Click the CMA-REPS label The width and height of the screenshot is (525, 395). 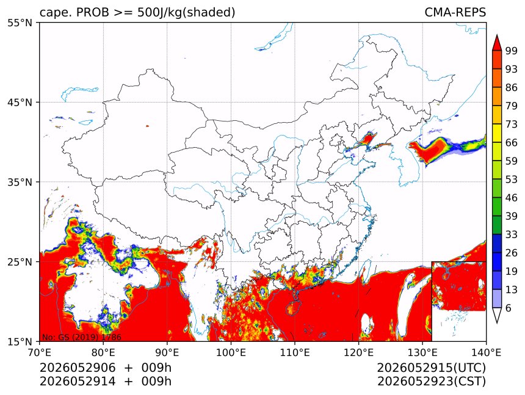[x=455, y=12]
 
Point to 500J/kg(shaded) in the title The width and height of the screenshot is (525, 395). [x=186, y=12]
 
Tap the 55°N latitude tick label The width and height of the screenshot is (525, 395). [x=20, y=23]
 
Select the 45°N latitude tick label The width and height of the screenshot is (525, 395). [x=20, y=102]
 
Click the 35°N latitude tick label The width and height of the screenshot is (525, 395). [x=20, y=182]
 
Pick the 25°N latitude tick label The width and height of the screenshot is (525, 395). [x=20, y=261]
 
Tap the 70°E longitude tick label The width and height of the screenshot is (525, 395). [x=40, y=352]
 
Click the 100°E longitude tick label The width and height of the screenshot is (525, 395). [x=231, y=352]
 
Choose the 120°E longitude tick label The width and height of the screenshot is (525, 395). [x=358, y=352]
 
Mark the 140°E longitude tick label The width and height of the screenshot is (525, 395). [x=486, y=352]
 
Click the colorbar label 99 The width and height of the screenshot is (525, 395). [x=512, y=51]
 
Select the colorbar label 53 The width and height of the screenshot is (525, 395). [x=512, y=179]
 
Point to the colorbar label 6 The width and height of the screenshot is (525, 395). [x=509, y=308]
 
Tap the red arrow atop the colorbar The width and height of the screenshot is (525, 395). [x=497, y=43]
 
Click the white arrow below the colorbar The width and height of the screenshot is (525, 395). [x=497, y=315]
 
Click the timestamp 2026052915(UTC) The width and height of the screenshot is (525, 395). [x=431, y=368]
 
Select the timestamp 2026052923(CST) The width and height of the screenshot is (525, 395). [x=431, y=382]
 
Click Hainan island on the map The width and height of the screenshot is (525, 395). [x=292, y=308]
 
